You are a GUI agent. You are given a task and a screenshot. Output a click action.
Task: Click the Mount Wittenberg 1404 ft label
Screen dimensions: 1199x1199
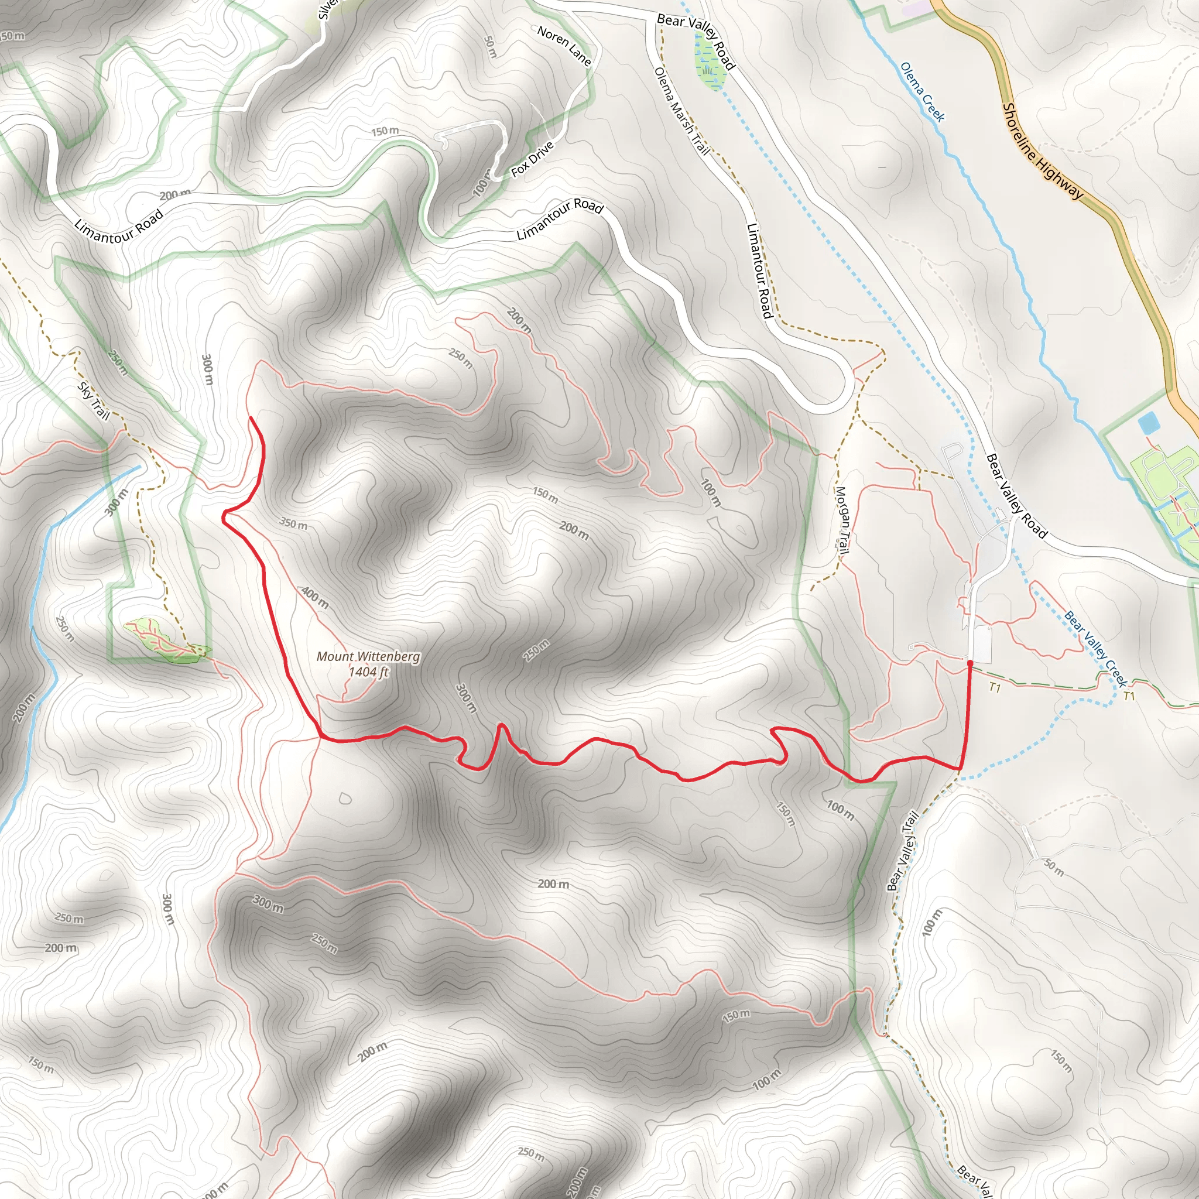368,664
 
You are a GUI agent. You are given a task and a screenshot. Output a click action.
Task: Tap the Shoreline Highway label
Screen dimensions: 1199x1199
1043,151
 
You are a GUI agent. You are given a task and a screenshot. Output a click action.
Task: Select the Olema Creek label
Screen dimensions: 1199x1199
922,92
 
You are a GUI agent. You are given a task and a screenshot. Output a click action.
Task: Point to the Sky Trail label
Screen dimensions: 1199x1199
93,401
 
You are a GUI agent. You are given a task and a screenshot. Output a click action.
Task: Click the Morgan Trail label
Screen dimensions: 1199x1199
841,520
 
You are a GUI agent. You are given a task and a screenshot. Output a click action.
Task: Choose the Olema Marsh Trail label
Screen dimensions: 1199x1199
681,111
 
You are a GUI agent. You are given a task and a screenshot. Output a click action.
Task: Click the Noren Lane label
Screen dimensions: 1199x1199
564,45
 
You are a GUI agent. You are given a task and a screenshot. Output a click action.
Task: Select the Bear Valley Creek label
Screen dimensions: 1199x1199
1095,649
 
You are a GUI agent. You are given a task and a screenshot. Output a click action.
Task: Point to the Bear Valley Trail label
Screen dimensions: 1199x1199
902,851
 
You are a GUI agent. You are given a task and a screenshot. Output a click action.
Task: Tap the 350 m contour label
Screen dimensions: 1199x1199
293,524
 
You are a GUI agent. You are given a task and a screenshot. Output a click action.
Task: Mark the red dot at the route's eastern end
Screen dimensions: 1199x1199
970,663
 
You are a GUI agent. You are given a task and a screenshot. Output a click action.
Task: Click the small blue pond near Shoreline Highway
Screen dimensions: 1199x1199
1147,424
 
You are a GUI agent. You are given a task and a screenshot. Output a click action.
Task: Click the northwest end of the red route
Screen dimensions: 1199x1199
251,419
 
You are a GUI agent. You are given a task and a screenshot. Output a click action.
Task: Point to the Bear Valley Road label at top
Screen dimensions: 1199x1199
696,41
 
